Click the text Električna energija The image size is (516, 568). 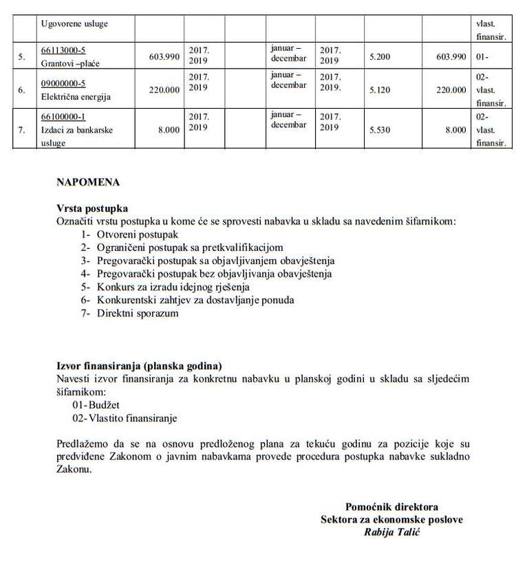click(x=76, y=97)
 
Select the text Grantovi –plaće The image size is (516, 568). click(x=72, y=62)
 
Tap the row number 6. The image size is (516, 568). click(x=22, y=89)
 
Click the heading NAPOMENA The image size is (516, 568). click(x=88, y=182)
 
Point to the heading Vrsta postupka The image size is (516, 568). click(x=92, y=208)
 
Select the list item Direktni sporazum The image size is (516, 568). click(x=129, y=313)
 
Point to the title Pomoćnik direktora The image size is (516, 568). click(x=391, y=507)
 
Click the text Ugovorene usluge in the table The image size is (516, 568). click(x=75, y=24)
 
